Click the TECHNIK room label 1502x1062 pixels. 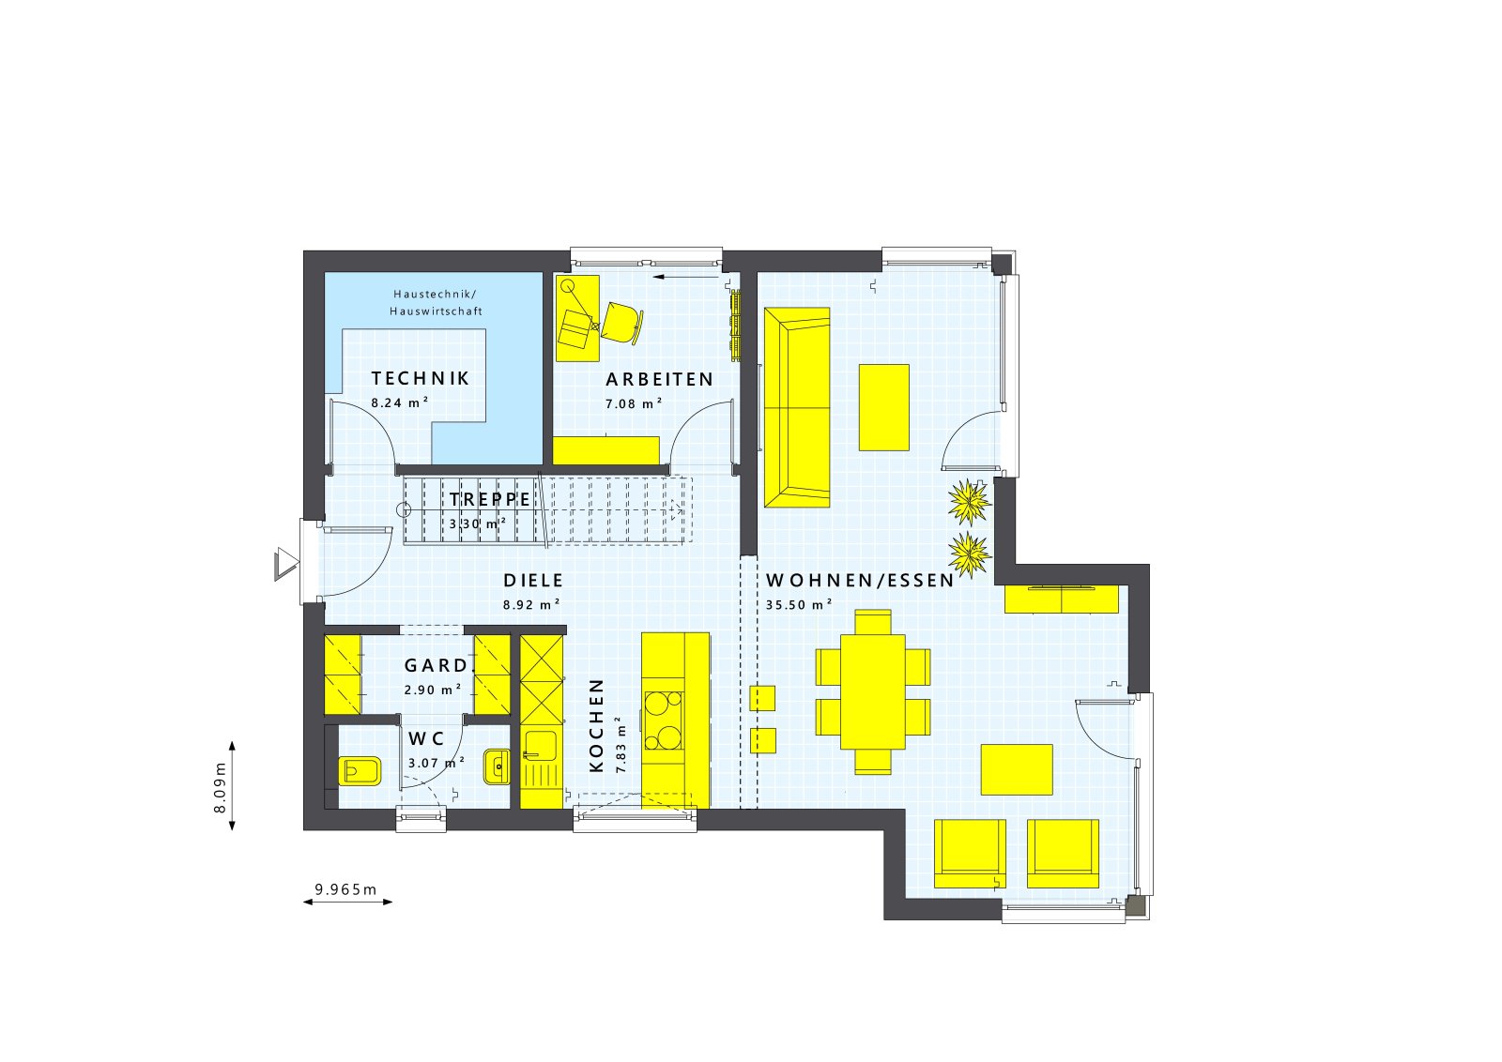point(421,379)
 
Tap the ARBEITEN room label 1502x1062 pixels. point(660,380)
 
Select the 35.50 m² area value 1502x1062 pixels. point(799,604)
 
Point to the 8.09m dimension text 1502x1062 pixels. point(220,787)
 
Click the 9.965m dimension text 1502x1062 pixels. point(346,889)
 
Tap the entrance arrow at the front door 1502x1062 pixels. point(286,564)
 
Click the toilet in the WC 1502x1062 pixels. point(360,771)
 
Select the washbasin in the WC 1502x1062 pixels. point(497,767)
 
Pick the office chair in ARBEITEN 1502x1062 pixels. point(622,323)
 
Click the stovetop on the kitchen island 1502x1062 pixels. point(664,721)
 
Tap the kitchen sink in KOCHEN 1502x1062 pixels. point(541,747)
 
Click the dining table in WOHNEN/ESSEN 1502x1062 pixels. point(873,691)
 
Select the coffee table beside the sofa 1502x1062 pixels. point(884,407)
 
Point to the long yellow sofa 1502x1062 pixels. point(797,407)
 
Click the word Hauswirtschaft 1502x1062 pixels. point(436,311)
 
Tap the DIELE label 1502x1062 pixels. point(534,580)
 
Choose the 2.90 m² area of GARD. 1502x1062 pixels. point(433,690)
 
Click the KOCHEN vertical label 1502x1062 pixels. point(597,725)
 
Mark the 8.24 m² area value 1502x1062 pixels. point(400,402)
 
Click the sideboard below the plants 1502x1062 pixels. point(1062,599)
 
